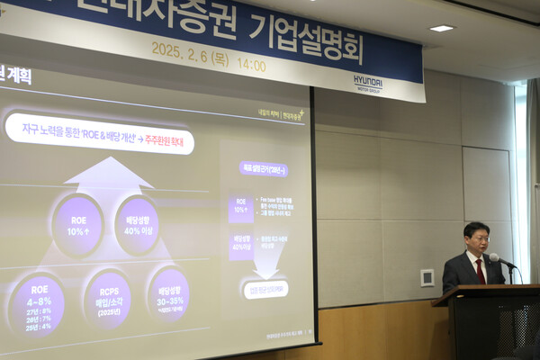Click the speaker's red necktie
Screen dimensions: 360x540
point(480,270)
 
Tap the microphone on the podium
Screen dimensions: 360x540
point(496,258)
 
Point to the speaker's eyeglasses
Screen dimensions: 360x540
point(478,238)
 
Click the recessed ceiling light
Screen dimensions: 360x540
point(441,29)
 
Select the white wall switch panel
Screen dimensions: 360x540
point(427,277)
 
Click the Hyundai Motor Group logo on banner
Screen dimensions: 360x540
point(367,81)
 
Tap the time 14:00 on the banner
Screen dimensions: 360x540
point(251,64)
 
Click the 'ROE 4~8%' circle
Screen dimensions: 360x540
point(38,303)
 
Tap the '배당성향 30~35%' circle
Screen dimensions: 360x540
point(168,293)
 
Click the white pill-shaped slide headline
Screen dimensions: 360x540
point(99,133)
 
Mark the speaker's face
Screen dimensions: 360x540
point(477,241)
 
